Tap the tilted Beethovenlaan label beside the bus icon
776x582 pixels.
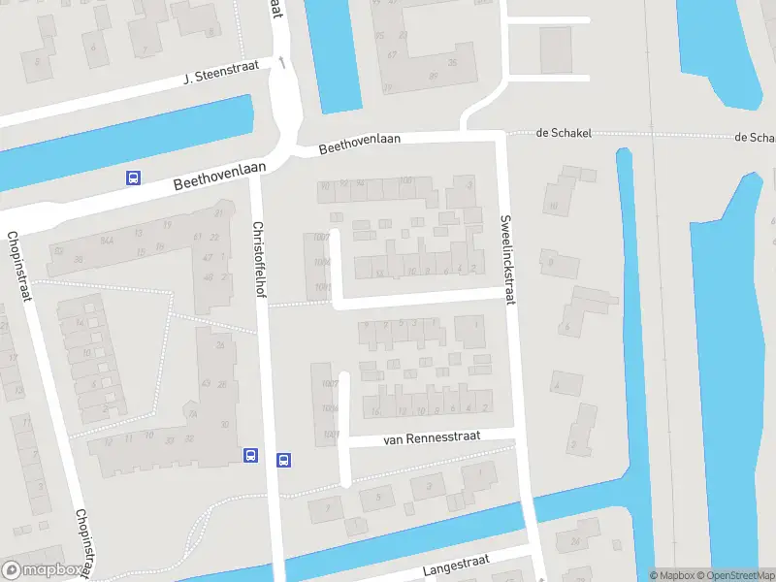point(220,176)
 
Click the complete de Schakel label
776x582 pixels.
point(563,133)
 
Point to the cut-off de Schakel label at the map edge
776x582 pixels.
point(755,138)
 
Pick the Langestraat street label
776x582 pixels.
point(456,565)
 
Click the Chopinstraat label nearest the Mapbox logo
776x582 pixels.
point(86,541)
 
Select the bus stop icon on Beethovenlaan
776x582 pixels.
point(133,178)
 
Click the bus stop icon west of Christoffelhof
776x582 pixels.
point(250,454)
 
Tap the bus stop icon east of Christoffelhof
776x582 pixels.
point(284,460)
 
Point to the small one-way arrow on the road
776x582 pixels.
point(282,63)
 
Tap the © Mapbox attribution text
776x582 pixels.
point(671,575)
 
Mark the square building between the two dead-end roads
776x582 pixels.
point(556,48)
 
